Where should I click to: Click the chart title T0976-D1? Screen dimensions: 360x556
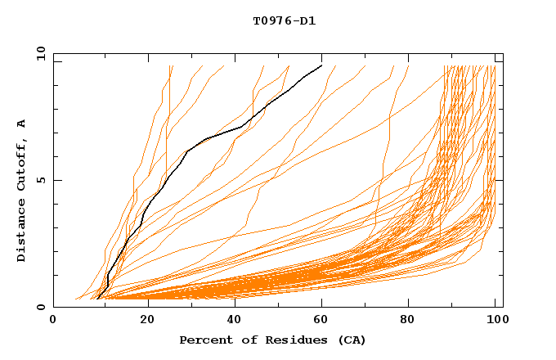click(284, 21)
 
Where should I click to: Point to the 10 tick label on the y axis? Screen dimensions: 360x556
click(39, 53)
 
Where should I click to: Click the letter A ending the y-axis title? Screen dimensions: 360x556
click(22, 123)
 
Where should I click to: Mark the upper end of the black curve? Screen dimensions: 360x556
click(321, 65)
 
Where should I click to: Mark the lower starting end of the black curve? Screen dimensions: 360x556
click(97, 299)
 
